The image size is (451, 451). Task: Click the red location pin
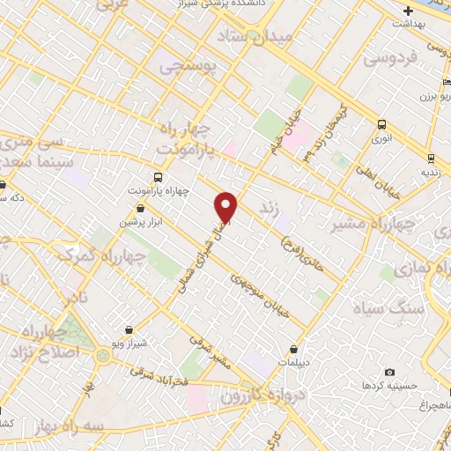point(227,207)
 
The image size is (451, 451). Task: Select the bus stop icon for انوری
point(383,124)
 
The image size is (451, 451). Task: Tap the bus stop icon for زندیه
point(431,159)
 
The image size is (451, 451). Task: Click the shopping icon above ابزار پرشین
point(141,209)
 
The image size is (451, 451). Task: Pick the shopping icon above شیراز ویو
point(129,329)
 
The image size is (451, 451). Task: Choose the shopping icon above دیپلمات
point(293,348)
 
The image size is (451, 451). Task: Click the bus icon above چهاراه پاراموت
point(158,176)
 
